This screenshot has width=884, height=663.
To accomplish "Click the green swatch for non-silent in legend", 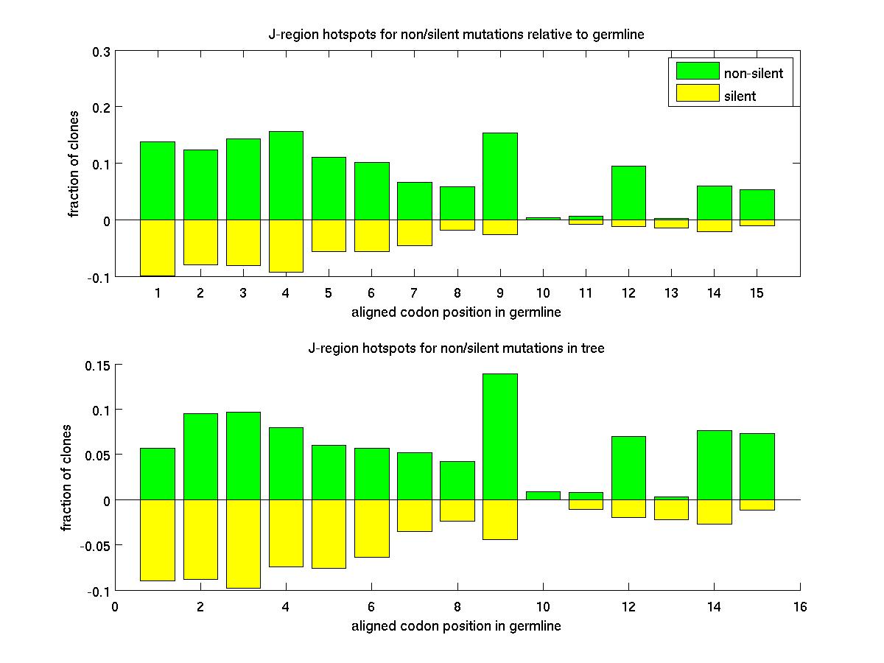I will point(697,71).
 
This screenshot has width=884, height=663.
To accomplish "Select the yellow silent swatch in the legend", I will point(697,94).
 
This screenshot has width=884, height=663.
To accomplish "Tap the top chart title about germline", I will point(456,35).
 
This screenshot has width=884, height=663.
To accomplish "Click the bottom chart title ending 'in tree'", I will point(456,348).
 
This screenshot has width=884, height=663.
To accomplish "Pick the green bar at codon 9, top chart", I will point(499,176).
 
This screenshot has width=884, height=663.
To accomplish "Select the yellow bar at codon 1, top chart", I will point(158,248).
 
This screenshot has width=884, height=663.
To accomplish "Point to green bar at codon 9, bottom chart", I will point(499,436).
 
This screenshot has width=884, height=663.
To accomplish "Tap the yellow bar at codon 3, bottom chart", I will point(243,544).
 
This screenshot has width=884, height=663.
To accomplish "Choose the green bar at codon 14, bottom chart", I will point(713,465).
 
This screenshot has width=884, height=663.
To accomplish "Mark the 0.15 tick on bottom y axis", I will point(97,365).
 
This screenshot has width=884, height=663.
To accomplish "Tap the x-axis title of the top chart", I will point(456,312).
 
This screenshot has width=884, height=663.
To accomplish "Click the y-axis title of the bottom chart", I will point(67,477).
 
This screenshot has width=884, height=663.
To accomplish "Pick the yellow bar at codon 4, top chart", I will point(286,246).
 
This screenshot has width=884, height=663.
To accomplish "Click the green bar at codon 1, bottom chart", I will point(158,474).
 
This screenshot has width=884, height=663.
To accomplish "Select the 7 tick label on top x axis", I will point(414,292).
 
